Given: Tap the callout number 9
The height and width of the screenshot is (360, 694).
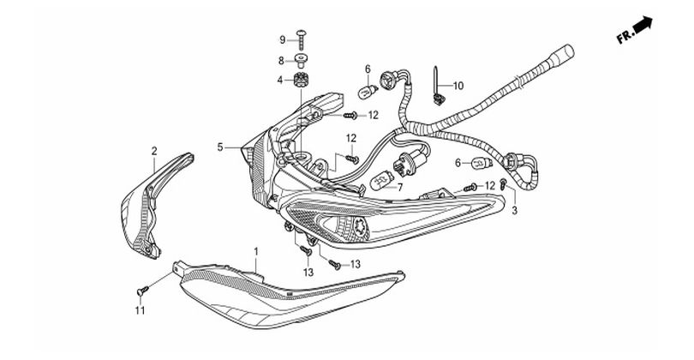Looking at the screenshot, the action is pos(283,40).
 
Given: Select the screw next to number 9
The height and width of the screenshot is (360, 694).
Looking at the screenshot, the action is pos(302,39).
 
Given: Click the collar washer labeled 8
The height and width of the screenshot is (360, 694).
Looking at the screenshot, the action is pos(301,60).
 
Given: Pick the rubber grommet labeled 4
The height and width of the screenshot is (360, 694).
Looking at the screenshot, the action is pos(301,81).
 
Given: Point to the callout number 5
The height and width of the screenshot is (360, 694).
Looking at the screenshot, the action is pos(220,147).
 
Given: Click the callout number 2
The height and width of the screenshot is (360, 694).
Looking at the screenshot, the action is pos(154,151).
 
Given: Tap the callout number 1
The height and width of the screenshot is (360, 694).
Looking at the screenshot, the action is pos(256,252).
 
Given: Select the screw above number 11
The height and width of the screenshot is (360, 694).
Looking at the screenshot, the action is pos(142,291).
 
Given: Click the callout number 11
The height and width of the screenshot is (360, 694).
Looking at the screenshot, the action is pos(140,311).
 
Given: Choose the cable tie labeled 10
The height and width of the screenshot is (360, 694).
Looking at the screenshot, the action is pos(438,87).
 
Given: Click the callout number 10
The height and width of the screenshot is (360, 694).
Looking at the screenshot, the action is pos(458,86).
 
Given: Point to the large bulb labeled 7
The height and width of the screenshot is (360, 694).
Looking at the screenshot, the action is pos(382,180).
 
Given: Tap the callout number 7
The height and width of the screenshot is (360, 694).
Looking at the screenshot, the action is pos(401,188).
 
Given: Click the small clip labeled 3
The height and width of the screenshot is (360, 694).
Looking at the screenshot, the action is pos(502,183).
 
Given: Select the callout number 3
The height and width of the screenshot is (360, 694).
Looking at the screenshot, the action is pos(514,210).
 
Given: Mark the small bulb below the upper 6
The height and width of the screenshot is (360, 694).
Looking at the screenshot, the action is pos(368,92).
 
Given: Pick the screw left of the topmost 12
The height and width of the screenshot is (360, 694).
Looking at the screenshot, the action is pos(350,116).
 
